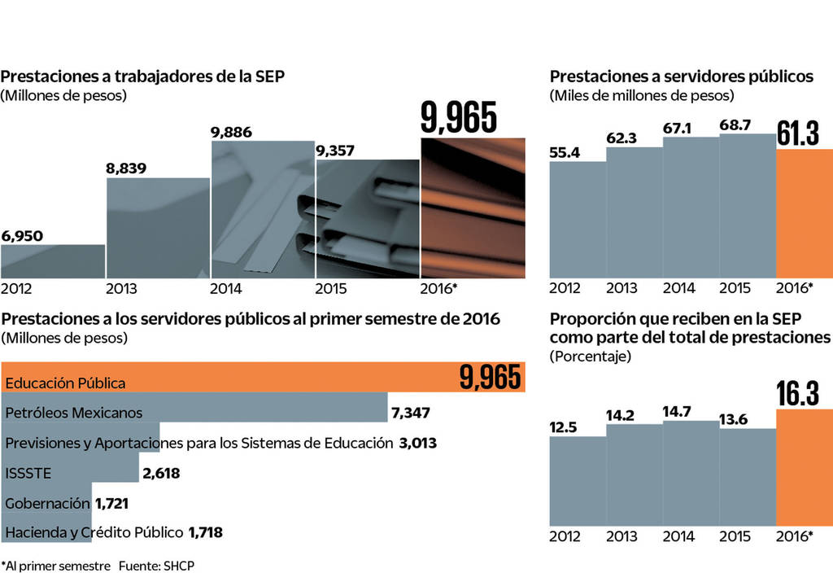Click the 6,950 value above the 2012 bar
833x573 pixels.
click(22, 236)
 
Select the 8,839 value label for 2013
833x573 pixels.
click(127, 168)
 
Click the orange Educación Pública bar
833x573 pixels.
click(244, 378)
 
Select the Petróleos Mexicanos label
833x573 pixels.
click(74, 413)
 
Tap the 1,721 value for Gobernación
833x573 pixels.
click(111, 504)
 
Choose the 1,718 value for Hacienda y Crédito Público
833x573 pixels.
click(205, 533)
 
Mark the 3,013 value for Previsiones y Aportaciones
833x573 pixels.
click(418, 443)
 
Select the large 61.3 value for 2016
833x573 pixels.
click(798, 133)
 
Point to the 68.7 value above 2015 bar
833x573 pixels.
click(735, 125)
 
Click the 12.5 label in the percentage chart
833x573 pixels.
click(564, 427)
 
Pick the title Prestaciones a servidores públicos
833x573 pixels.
click(682, 77)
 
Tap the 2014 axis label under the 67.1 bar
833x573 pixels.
click(679, 287)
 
